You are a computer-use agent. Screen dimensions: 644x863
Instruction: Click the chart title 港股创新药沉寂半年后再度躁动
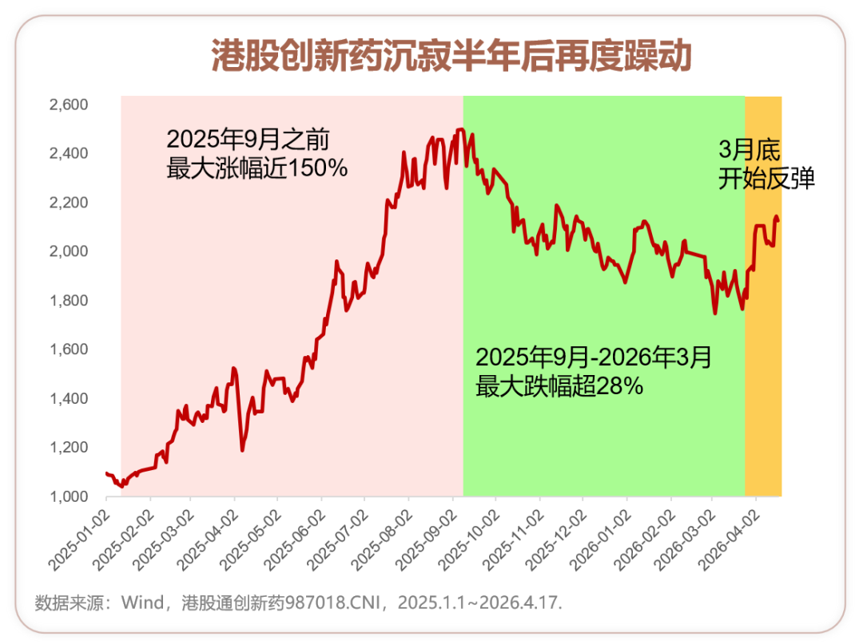click(x=451, y=57)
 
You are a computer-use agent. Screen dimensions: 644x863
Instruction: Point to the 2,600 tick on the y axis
click(x=69, y=105)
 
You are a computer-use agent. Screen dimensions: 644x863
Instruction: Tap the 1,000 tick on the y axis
click(x=69, y=496)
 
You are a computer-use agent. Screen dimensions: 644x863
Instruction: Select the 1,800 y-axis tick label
click(x=69, y=301)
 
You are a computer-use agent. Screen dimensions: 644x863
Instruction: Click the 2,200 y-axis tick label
click(x=69, y=203)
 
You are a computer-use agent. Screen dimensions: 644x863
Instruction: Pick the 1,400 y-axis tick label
click(x=69, y=398)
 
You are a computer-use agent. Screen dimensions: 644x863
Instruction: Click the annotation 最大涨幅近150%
click(x=257, y=168)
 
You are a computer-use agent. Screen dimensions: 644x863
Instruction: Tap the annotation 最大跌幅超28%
click(x=559, y=386)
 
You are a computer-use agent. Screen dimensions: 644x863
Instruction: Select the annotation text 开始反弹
click(x=766, y=179)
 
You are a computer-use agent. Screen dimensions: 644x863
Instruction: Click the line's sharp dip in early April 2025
click(x=242, y=450)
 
